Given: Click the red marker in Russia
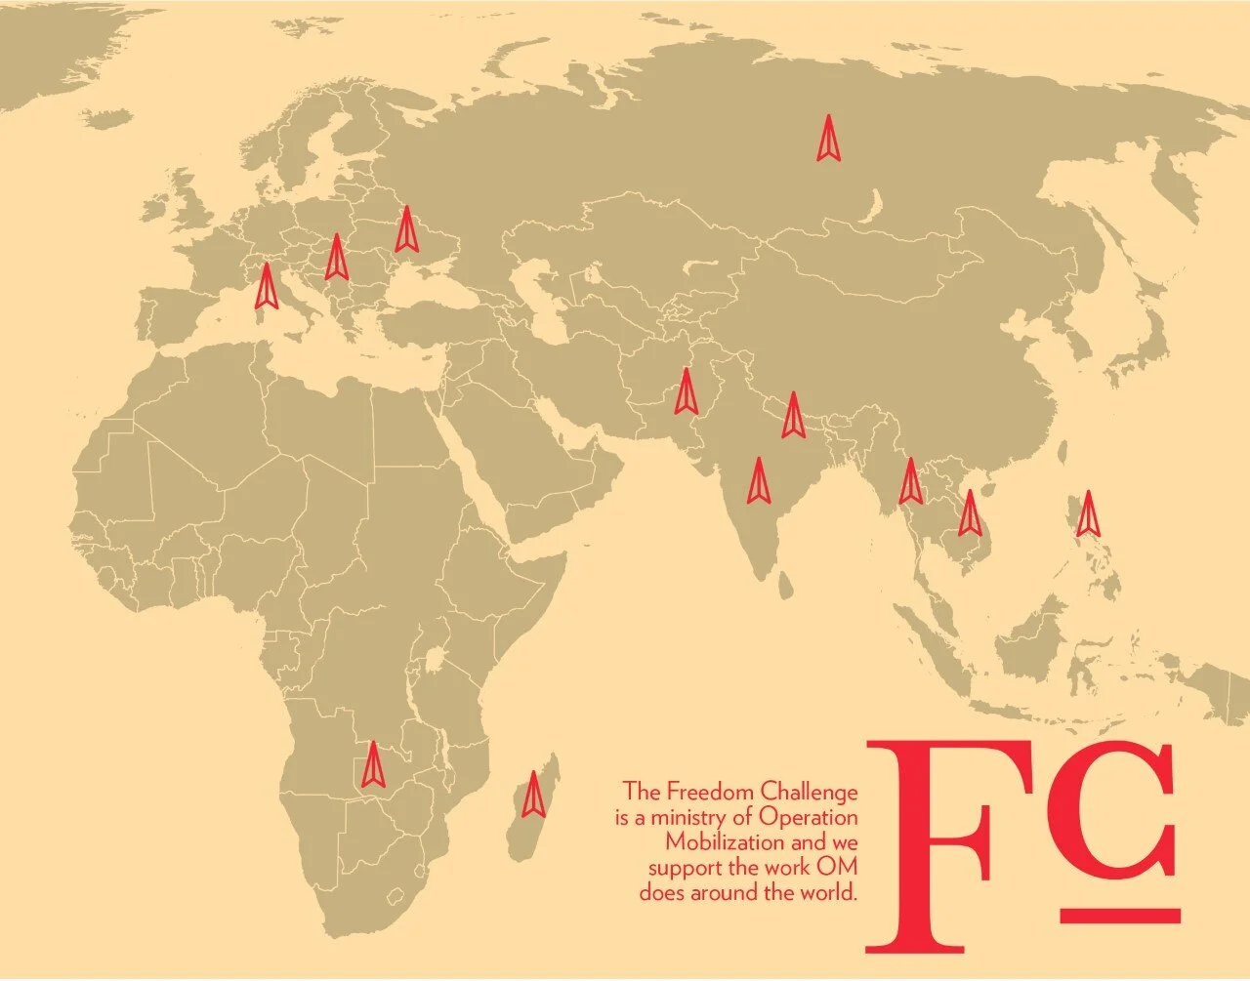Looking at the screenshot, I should click(829, 139).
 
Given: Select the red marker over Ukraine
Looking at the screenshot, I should click(406, 230).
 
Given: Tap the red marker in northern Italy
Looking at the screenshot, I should click(266, 287).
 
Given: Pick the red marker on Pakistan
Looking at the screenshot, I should click(687, 392).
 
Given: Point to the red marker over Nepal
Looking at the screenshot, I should click(794, 416).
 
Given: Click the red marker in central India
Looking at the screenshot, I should click(758, 481).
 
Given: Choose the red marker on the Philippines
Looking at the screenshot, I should click(1088, 513).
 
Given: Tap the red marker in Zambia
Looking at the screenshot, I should click(372, 765).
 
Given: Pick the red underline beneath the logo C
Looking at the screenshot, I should click(1120, 916).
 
